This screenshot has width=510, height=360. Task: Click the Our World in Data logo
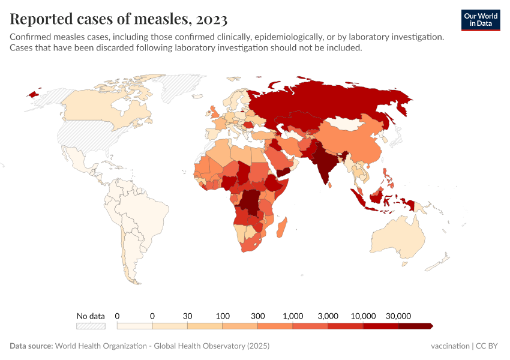tap(481, 20)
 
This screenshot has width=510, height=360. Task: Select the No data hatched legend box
tap(91, 326)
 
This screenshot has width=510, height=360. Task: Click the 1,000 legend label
tap(293, 316)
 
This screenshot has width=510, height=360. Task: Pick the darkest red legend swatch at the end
tap(415, 326)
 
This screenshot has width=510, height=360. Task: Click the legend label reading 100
tap(223, 316)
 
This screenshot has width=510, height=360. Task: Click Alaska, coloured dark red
tap(34, 94)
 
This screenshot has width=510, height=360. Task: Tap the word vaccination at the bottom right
tap(450, 346)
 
